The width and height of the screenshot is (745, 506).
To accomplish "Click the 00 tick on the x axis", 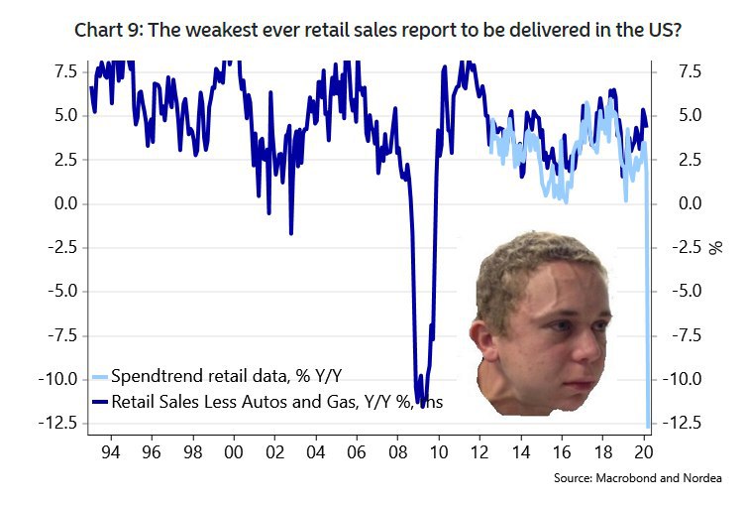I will click(x=234, y=449).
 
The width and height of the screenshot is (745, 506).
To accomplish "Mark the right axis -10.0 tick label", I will click(x=686, y=379).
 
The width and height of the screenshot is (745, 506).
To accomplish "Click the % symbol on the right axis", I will click(x=715, y=246).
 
